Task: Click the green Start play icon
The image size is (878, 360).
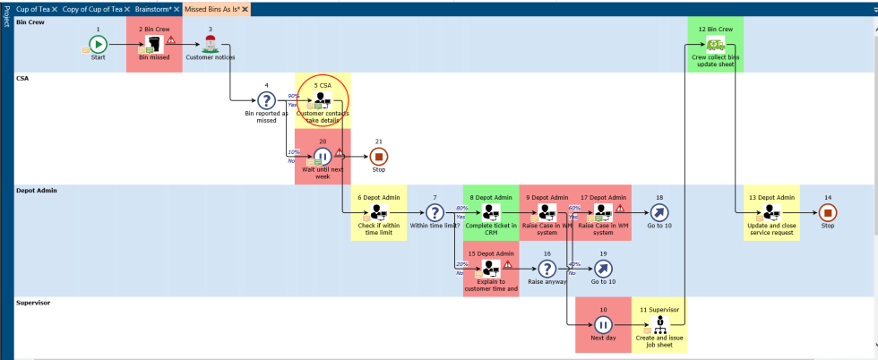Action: [98, 44]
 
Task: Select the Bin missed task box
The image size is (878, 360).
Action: [154, 45]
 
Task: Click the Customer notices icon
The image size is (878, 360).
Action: [211, 45]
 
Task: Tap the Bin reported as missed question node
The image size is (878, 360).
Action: [266, 101]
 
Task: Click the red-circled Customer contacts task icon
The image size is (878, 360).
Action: [323, 101]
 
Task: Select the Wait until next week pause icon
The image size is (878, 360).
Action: [323, 157]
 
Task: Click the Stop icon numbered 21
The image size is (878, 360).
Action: [379, 157]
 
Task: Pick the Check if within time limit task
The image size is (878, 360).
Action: [378, 212]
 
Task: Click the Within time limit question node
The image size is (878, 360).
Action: [435, 212]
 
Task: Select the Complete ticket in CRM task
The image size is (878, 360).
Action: [491, 212]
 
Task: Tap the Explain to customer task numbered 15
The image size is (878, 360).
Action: [491, 268]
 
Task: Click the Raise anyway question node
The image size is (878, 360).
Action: [547, 268]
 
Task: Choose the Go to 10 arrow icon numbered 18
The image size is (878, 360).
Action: [659, 212]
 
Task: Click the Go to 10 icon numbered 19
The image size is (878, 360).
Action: [603, 268]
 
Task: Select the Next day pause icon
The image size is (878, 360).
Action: [603, 325]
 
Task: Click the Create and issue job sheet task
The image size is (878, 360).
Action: [659, 325]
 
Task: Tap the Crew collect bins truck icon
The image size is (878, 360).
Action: [715, 45]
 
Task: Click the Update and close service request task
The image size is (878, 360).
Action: [770, 212]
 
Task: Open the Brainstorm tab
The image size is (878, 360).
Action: [153, 8]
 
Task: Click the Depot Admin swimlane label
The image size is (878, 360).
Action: [35, 191]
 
